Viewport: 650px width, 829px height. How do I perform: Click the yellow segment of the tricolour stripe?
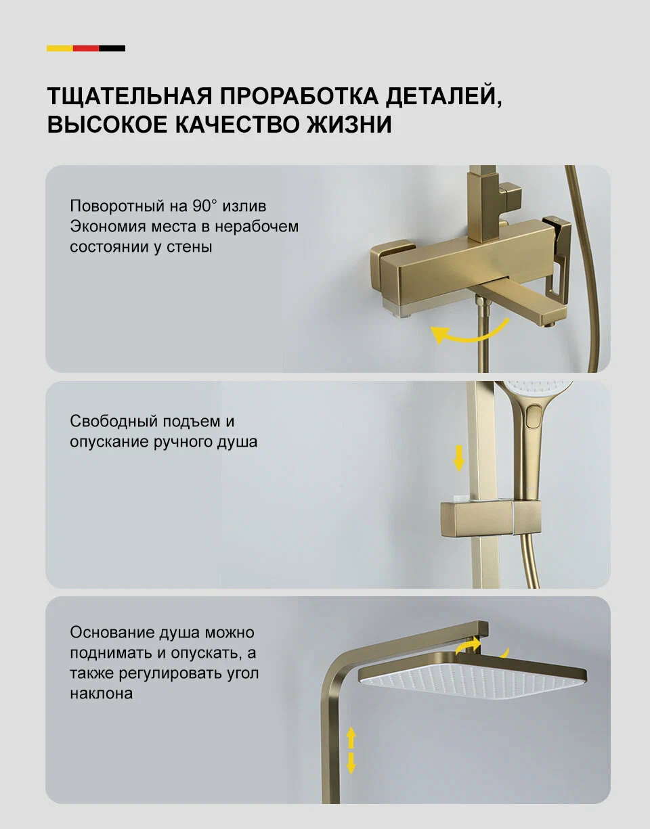point(60,48)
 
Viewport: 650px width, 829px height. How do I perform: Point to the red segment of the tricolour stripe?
point(86,48)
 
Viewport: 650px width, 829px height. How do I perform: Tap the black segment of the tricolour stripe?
point(112,48)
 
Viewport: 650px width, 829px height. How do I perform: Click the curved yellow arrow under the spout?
point(470,332)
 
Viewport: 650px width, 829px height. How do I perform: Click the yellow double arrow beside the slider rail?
point(459,457)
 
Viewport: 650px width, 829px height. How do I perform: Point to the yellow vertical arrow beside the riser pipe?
point(351,749)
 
